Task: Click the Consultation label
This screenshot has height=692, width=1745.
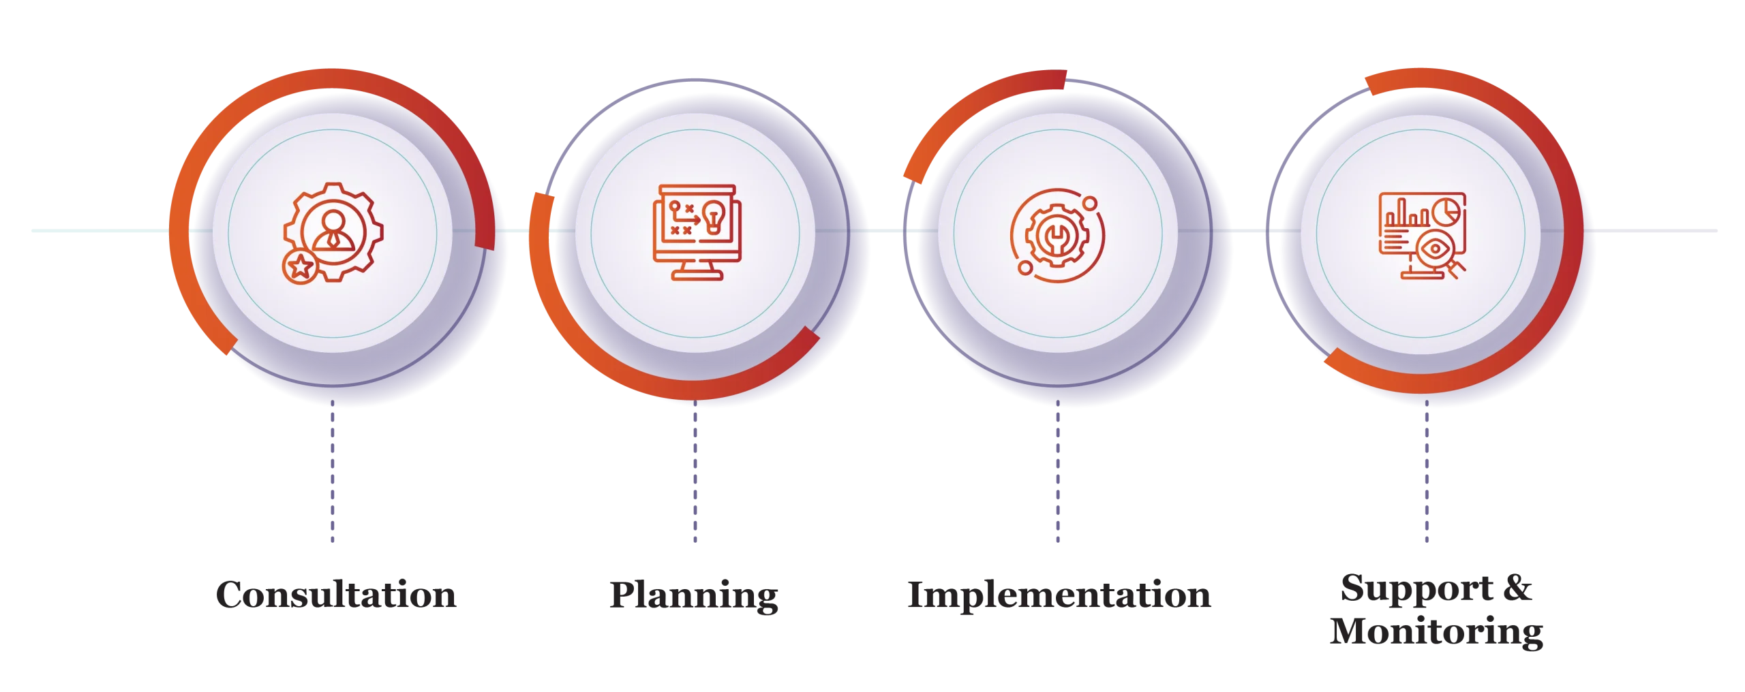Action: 336,594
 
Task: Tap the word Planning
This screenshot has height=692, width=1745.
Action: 694,596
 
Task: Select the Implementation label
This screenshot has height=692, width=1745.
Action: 1059,595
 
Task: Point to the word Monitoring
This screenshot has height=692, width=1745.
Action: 1436,631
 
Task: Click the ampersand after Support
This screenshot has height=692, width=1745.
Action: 1517,588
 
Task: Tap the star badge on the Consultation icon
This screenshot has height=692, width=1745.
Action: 300,266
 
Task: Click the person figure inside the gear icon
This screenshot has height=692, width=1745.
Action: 333,232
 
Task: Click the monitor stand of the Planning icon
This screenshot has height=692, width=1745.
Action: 697,270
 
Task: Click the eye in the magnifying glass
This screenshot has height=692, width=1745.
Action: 1435,249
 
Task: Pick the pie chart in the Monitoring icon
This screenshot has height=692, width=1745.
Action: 1445,211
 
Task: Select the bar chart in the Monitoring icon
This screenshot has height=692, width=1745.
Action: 1406,213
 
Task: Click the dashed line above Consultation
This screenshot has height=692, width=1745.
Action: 333,471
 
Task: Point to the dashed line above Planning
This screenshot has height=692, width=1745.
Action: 695,471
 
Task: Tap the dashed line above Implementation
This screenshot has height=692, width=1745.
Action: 1058,471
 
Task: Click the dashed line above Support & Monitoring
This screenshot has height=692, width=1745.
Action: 1427,471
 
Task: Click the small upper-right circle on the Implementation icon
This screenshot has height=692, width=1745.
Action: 1090,203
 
